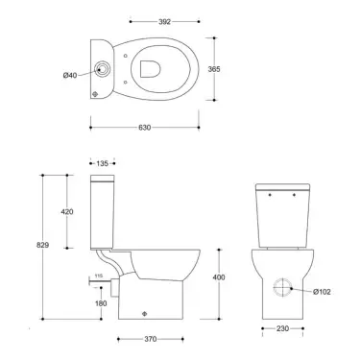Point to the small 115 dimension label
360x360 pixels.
(96, 276)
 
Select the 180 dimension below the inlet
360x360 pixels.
(102, 303)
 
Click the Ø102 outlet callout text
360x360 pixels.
(321, 291)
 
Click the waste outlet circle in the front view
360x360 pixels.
(285, 287)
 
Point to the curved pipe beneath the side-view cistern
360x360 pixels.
(110, 260)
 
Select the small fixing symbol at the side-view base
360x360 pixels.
(142, 312)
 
